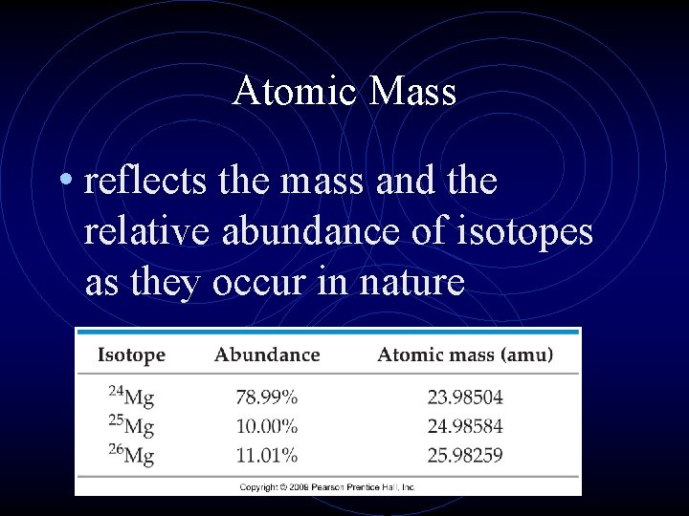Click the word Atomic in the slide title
click(x=289, y=92)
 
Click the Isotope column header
click(x=131, y=355)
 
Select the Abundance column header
click(x=267, y=355)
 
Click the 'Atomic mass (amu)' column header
click(x=465, y=355)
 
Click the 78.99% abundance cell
click(x=267, y=397)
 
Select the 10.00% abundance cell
click(x=267, y=426)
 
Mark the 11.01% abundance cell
click(x=267, y=456)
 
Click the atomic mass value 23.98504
click(x=465, y=397)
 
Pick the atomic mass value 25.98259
click(x=465, y=456)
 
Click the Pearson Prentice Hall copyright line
click(x=327, y=487)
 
